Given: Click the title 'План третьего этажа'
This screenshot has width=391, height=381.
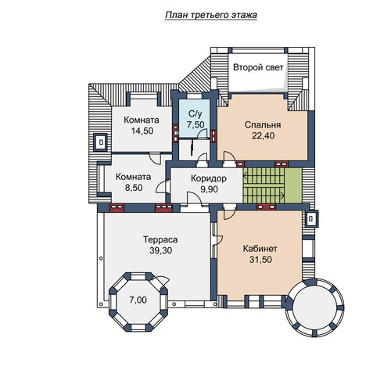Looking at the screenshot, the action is point(211,15).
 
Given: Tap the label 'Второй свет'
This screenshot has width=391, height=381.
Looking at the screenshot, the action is point(258,67).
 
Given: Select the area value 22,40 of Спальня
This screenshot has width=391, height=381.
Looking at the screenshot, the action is point(263,135).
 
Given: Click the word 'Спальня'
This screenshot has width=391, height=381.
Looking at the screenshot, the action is point(263,124).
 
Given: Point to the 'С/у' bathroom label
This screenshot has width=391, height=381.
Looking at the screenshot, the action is point(195,114).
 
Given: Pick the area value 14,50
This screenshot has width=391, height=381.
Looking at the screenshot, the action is point(142,131).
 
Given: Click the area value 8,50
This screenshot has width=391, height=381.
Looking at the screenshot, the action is point(134,188).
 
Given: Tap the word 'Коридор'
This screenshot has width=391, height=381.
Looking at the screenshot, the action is point(209,178).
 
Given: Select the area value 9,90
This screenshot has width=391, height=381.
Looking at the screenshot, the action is point(209,189).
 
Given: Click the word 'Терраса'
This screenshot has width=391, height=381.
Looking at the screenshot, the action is point(160,239).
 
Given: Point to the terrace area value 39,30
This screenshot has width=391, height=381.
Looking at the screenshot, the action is point(160,250).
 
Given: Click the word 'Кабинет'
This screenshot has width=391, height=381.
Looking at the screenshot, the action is point(260,249).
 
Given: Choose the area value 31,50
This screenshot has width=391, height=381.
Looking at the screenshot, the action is point(260,260).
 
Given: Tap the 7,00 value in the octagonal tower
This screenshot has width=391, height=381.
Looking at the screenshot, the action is point(138,300).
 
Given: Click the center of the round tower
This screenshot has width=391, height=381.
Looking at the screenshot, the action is point(314,307).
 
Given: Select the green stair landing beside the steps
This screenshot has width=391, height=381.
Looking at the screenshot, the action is point(293,185).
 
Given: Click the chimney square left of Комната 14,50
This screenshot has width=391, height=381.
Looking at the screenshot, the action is point(101,142).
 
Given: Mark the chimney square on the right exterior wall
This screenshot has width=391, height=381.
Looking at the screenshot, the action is point(311,219).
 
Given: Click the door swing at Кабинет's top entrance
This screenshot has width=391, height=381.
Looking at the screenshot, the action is point(230,214).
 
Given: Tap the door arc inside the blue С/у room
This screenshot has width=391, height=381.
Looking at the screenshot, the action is point(202,134).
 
